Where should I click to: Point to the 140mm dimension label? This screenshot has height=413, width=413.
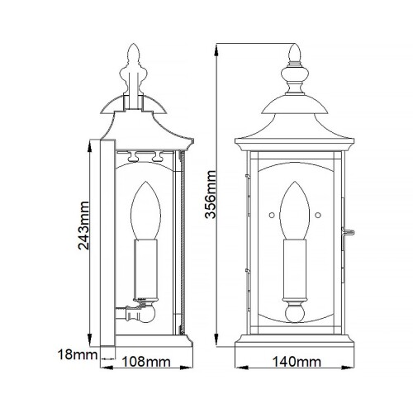(x=295, y=361)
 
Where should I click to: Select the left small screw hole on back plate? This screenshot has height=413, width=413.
(x=273, y=216)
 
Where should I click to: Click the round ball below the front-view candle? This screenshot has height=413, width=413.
(x=295, y=315)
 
